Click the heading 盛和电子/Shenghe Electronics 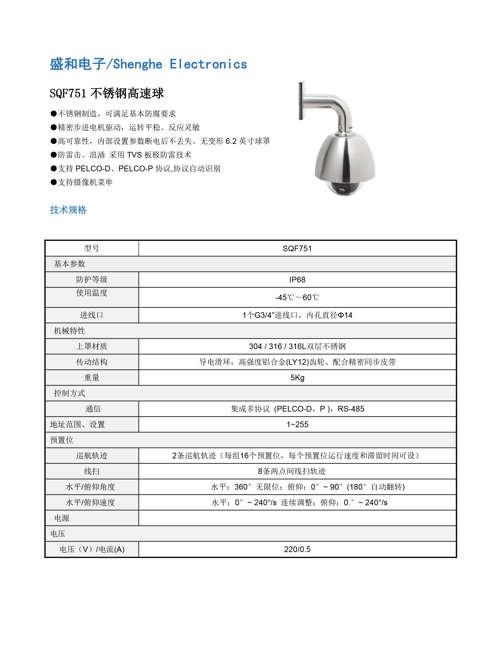pos(148,64)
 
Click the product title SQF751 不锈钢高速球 pos(107,93)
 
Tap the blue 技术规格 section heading pos(68,210)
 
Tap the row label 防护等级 pos(92,280)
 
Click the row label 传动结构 pos(92,362)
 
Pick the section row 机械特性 pos(70,331)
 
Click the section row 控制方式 pos(70,393)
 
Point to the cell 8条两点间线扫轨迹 pos(292,471)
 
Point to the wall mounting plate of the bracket pos(301,100)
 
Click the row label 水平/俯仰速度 pos(90,503)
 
